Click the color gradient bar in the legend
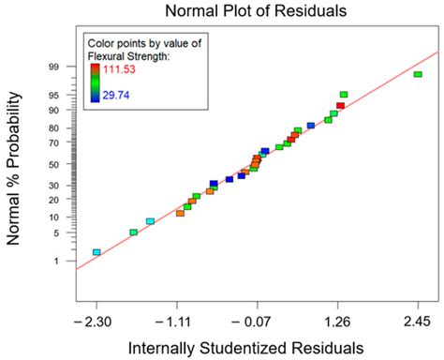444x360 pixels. coord(95,82)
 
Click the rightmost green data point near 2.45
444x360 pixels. coord(418,74)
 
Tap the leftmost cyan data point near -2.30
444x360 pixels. coord(96,252)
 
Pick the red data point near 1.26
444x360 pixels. coord(340,106)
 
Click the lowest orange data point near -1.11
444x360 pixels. coord(180,214)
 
